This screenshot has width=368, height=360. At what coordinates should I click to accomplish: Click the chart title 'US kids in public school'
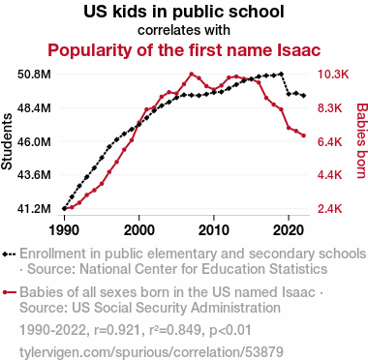[184, 12]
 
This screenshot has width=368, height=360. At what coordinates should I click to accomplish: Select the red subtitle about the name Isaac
[184, 50]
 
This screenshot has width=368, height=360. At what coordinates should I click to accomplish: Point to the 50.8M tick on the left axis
[34, 75]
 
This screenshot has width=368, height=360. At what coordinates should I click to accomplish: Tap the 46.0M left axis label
[34, 141]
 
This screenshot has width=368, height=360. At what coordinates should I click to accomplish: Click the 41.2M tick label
[34, 209]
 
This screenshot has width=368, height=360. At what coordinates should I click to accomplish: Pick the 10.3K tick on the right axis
[333, 75]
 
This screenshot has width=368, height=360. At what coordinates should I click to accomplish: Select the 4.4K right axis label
[329, 175]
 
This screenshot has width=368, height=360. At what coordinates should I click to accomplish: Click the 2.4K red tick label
[329, 209]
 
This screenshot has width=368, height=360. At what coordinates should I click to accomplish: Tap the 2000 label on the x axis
[139, 230]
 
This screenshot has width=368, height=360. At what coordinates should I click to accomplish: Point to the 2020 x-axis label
[289, 230]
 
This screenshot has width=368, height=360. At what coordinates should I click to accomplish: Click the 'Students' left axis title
[7, 141]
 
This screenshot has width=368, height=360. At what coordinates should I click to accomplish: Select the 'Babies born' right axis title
[362, 140]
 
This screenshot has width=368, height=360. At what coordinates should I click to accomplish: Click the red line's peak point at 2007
[192, 75]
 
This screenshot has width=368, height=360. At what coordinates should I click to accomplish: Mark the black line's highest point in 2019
[281, 74]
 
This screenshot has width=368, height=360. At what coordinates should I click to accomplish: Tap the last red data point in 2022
[304, 135]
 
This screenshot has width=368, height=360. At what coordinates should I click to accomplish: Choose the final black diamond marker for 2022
[304, 96]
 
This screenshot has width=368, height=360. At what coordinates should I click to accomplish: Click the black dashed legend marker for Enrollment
[9, 255]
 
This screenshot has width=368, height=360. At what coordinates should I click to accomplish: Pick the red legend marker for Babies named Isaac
[10, 292]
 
